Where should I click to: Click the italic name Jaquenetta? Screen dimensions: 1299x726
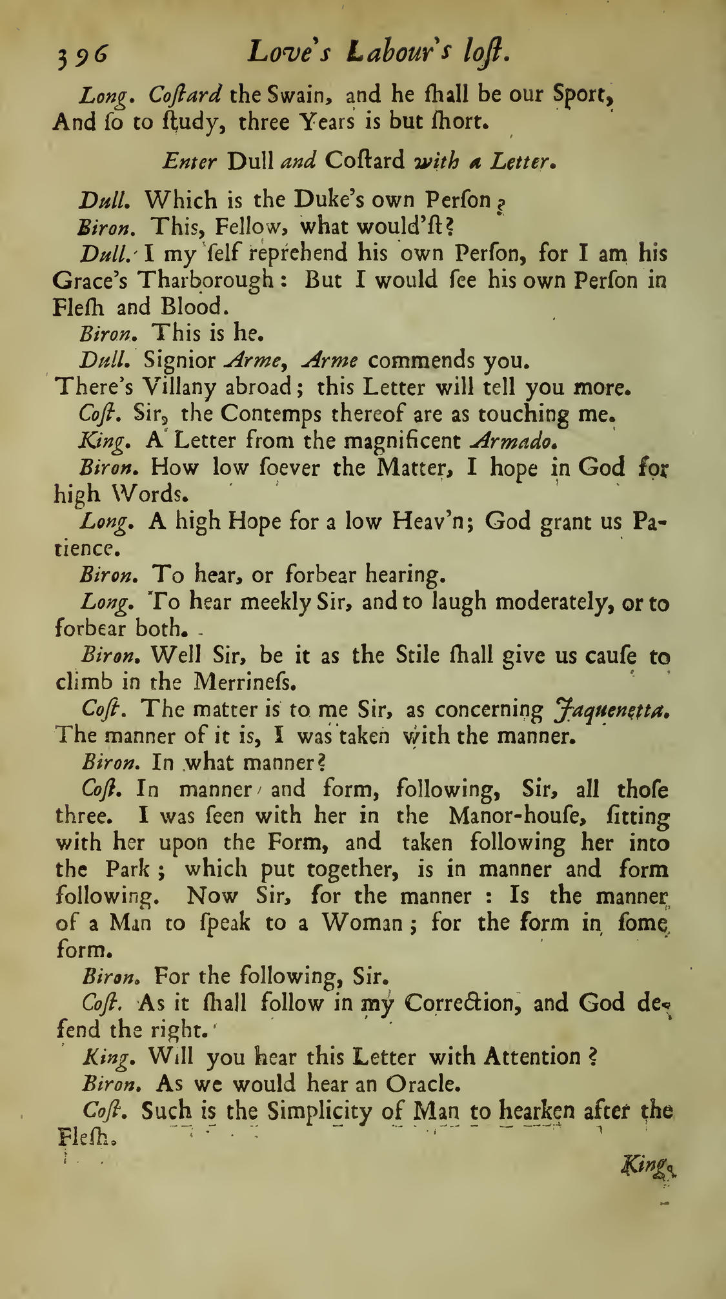[x=610, y=710]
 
